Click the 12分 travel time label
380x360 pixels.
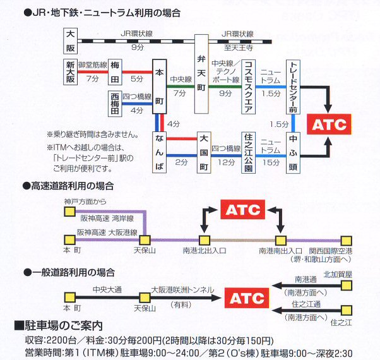click(x=225, y=162)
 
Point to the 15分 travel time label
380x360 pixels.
click(x=270, y=162)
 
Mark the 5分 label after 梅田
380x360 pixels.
click(x=137, y=79)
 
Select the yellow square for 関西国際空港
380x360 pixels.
click(x=346, y=240)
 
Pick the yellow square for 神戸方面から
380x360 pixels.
click(x=69, y=212)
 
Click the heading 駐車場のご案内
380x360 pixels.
click(x=62, y=326)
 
